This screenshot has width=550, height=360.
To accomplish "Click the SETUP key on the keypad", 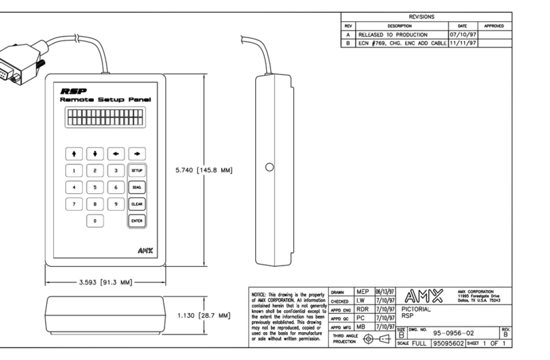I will pyautogui.click(x=137, y=170).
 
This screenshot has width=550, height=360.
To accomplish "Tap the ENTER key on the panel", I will pyautogui.click(x=137, y=220).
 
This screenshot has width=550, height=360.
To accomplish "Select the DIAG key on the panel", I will pyautogui.click(x=137, y=187).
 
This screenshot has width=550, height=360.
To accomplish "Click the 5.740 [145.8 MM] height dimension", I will pyautogui.click(x=204, y=170).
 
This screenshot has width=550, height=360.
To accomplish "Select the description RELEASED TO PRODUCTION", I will pyautogui.click(x=393, y=33).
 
